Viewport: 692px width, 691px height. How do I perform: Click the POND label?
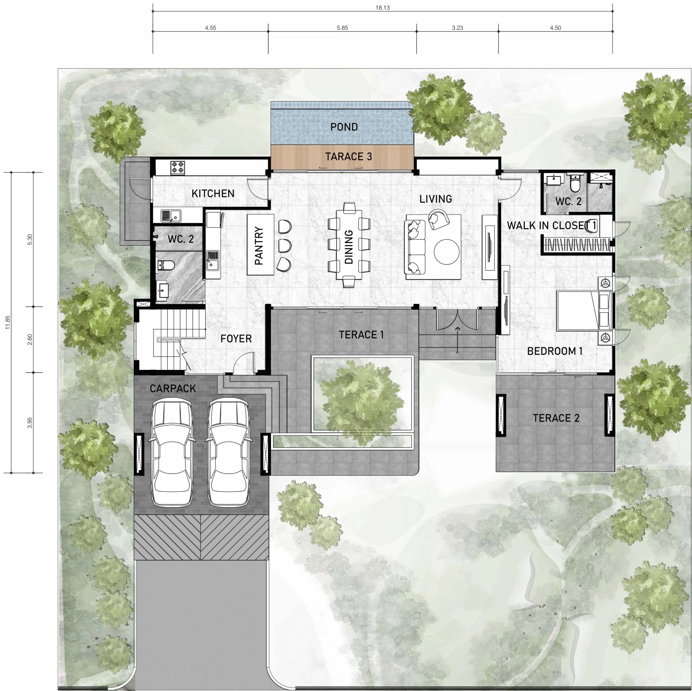344,127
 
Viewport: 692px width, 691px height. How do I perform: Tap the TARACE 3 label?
348,156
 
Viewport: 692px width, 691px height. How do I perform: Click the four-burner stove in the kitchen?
177,168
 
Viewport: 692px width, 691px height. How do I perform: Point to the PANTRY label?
259,246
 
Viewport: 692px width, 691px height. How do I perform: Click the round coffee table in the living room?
446,252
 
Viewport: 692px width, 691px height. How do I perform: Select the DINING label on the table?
348,247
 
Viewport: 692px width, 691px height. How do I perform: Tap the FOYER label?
236,338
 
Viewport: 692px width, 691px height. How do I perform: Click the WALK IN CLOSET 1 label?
552,226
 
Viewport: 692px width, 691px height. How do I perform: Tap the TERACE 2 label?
556,418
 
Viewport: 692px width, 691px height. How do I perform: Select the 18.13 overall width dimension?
382,8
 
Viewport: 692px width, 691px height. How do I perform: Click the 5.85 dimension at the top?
342,28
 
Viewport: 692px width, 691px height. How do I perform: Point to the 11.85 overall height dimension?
8,322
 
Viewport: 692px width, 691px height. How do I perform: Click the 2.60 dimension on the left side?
30,339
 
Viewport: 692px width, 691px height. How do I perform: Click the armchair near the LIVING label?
438,219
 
